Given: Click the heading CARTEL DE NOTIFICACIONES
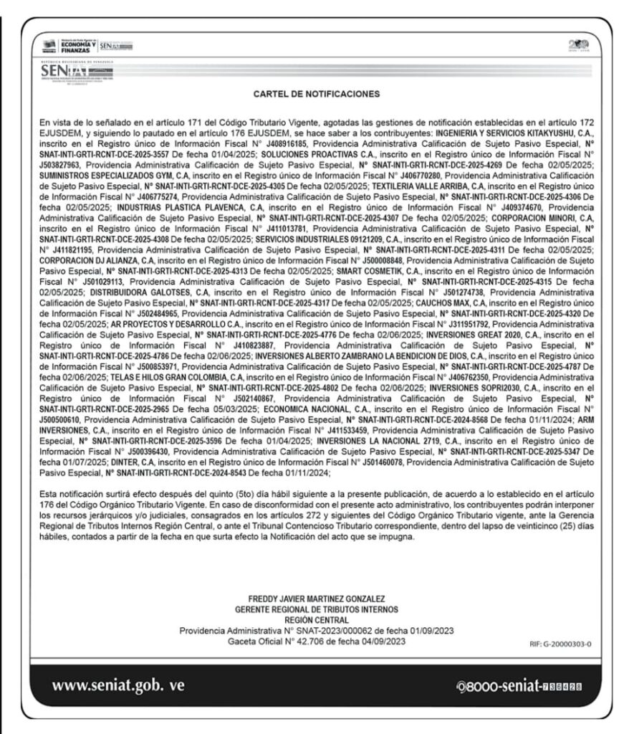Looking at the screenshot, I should click(315, 93).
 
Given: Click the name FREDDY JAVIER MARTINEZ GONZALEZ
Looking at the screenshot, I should click(315, 599).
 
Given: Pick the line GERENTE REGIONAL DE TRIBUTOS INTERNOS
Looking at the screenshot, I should click(315, 609).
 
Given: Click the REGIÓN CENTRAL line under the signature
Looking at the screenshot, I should click(315, 619).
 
